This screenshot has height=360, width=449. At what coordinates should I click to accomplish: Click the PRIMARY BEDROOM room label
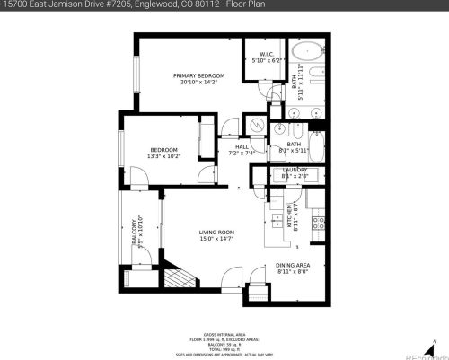(199, 75)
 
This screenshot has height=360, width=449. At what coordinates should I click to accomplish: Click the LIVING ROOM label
(216, 233)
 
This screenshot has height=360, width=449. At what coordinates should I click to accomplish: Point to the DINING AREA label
(292, 266)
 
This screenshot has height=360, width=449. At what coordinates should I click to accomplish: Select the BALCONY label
(134, 231)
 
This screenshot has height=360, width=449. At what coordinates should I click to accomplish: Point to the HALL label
(242, 146)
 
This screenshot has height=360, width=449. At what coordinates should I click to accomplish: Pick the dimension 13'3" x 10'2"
(163, 156)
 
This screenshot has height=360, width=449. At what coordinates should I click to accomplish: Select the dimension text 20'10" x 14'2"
(199, 82)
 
